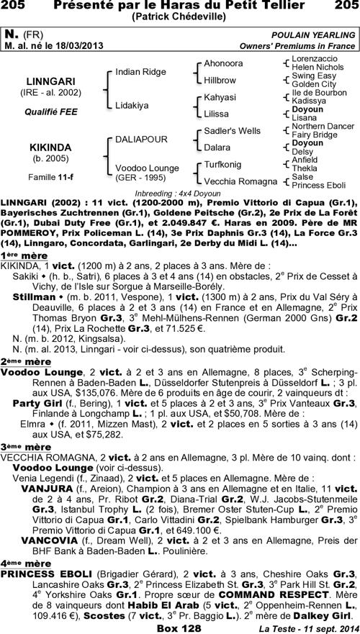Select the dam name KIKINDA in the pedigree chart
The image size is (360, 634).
point(46,146)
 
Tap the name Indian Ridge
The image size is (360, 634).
point(141,72)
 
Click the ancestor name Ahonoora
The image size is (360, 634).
point(223,63)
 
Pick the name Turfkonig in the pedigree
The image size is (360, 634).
point(224,164)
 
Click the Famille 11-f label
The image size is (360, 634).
point(46,176)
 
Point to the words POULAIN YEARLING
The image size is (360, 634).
point(313,35)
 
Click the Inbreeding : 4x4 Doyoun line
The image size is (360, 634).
point(179,194)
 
